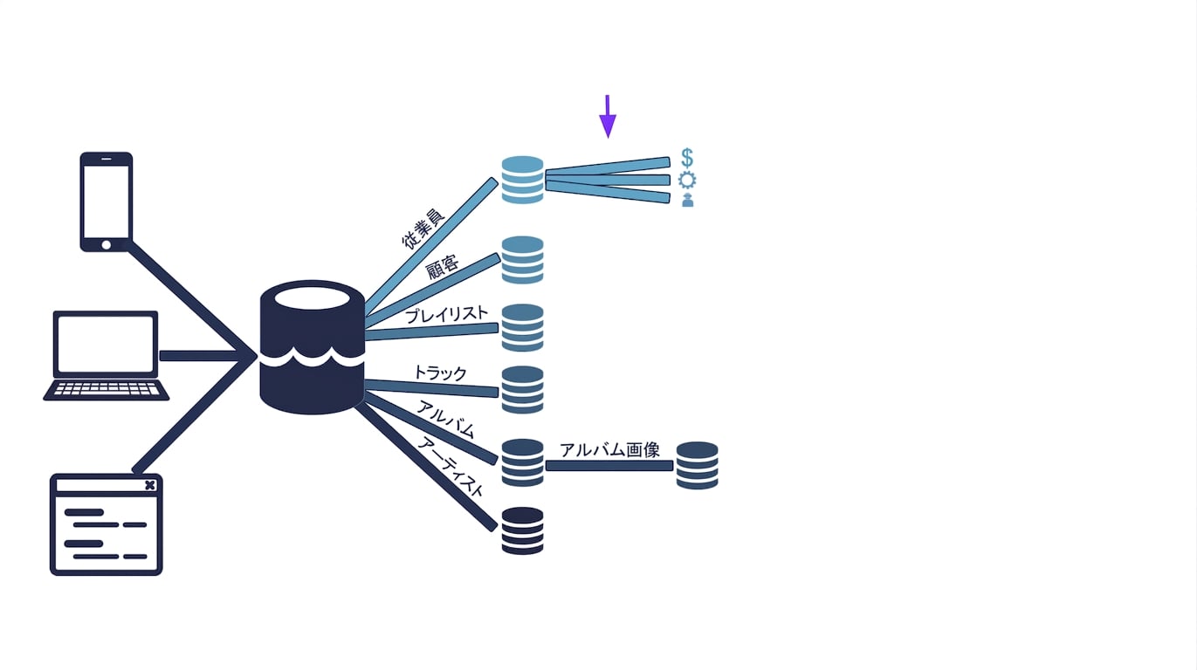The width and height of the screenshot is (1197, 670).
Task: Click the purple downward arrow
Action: [x=608, y=116]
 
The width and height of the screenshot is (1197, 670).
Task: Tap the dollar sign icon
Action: [x=687, y=158]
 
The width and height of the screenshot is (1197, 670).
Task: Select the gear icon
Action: [x=687, y=180]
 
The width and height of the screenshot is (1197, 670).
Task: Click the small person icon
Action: [x=688, y=200]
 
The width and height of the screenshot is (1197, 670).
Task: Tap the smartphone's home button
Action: [x=107, y=245]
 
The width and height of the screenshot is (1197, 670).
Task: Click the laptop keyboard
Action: [x=107, y=389]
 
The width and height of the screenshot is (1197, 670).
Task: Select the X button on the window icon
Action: [x=150, y=485]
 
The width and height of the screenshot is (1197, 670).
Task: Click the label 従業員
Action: [x=423, y=229]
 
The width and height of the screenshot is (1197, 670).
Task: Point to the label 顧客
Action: [x=443, y=268]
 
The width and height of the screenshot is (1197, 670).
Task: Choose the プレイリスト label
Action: [x=446, y=314]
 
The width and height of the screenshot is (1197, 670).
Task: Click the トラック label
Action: [x=440, y=373]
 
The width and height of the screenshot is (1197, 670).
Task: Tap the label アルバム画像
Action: [x=609, y=450]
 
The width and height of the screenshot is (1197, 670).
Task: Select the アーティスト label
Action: [x=451, y=467]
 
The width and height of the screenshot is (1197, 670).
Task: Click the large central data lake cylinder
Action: [x=312, y=347]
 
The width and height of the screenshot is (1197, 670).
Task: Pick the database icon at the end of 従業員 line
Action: [x=523, y=180]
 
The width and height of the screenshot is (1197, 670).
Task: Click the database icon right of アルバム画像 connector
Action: [x=697, y=465]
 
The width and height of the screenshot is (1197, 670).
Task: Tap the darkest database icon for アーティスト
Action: [x=523, y=530]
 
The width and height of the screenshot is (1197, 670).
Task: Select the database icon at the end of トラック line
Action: [x=523, y=390]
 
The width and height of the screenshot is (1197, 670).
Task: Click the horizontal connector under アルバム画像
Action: [x=609, y=466]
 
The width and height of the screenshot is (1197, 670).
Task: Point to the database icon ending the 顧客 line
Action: [x=523, y=260]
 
